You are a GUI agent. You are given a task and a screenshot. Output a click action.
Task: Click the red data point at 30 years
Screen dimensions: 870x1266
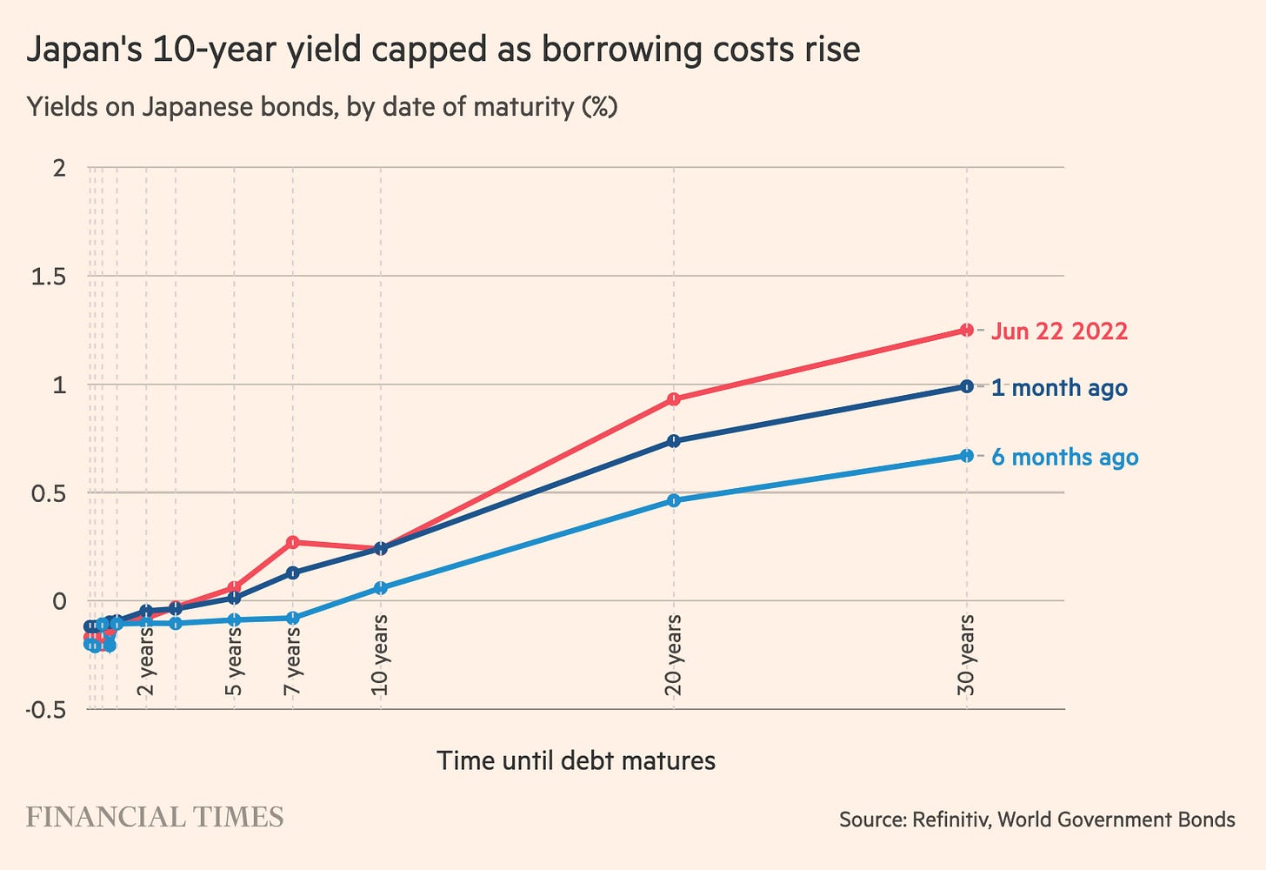[966, 330]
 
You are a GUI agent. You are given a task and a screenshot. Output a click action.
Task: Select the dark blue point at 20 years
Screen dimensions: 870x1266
[673, 441]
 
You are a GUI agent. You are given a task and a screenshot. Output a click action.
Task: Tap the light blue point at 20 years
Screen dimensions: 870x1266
[673, 500]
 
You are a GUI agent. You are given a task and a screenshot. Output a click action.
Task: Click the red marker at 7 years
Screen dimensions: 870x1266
[293, 542]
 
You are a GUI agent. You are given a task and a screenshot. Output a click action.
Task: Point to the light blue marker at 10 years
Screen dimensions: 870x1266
[380, 588]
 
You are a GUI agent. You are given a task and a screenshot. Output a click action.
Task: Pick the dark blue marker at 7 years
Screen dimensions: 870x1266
[293, 572]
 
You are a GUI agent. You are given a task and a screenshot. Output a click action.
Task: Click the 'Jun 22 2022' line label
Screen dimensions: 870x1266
[1059, 331]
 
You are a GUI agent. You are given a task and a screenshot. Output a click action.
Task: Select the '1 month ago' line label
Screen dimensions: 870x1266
[1059, 388]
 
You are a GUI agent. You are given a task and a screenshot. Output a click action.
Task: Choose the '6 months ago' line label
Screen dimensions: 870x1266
[1064, 458]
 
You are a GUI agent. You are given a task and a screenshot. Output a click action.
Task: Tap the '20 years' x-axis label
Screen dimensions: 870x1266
[673, 655]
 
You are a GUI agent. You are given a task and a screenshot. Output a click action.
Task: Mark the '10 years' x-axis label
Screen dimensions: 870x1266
[380, 655]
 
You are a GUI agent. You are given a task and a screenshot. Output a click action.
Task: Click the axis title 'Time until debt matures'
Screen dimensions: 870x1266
[576, 761]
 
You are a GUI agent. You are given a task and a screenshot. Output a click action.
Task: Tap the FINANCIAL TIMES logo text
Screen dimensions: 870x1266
[155, 818]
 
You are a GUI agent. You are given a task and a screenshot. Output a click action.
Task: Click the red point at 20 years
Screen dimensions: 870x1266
[673, 399]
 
